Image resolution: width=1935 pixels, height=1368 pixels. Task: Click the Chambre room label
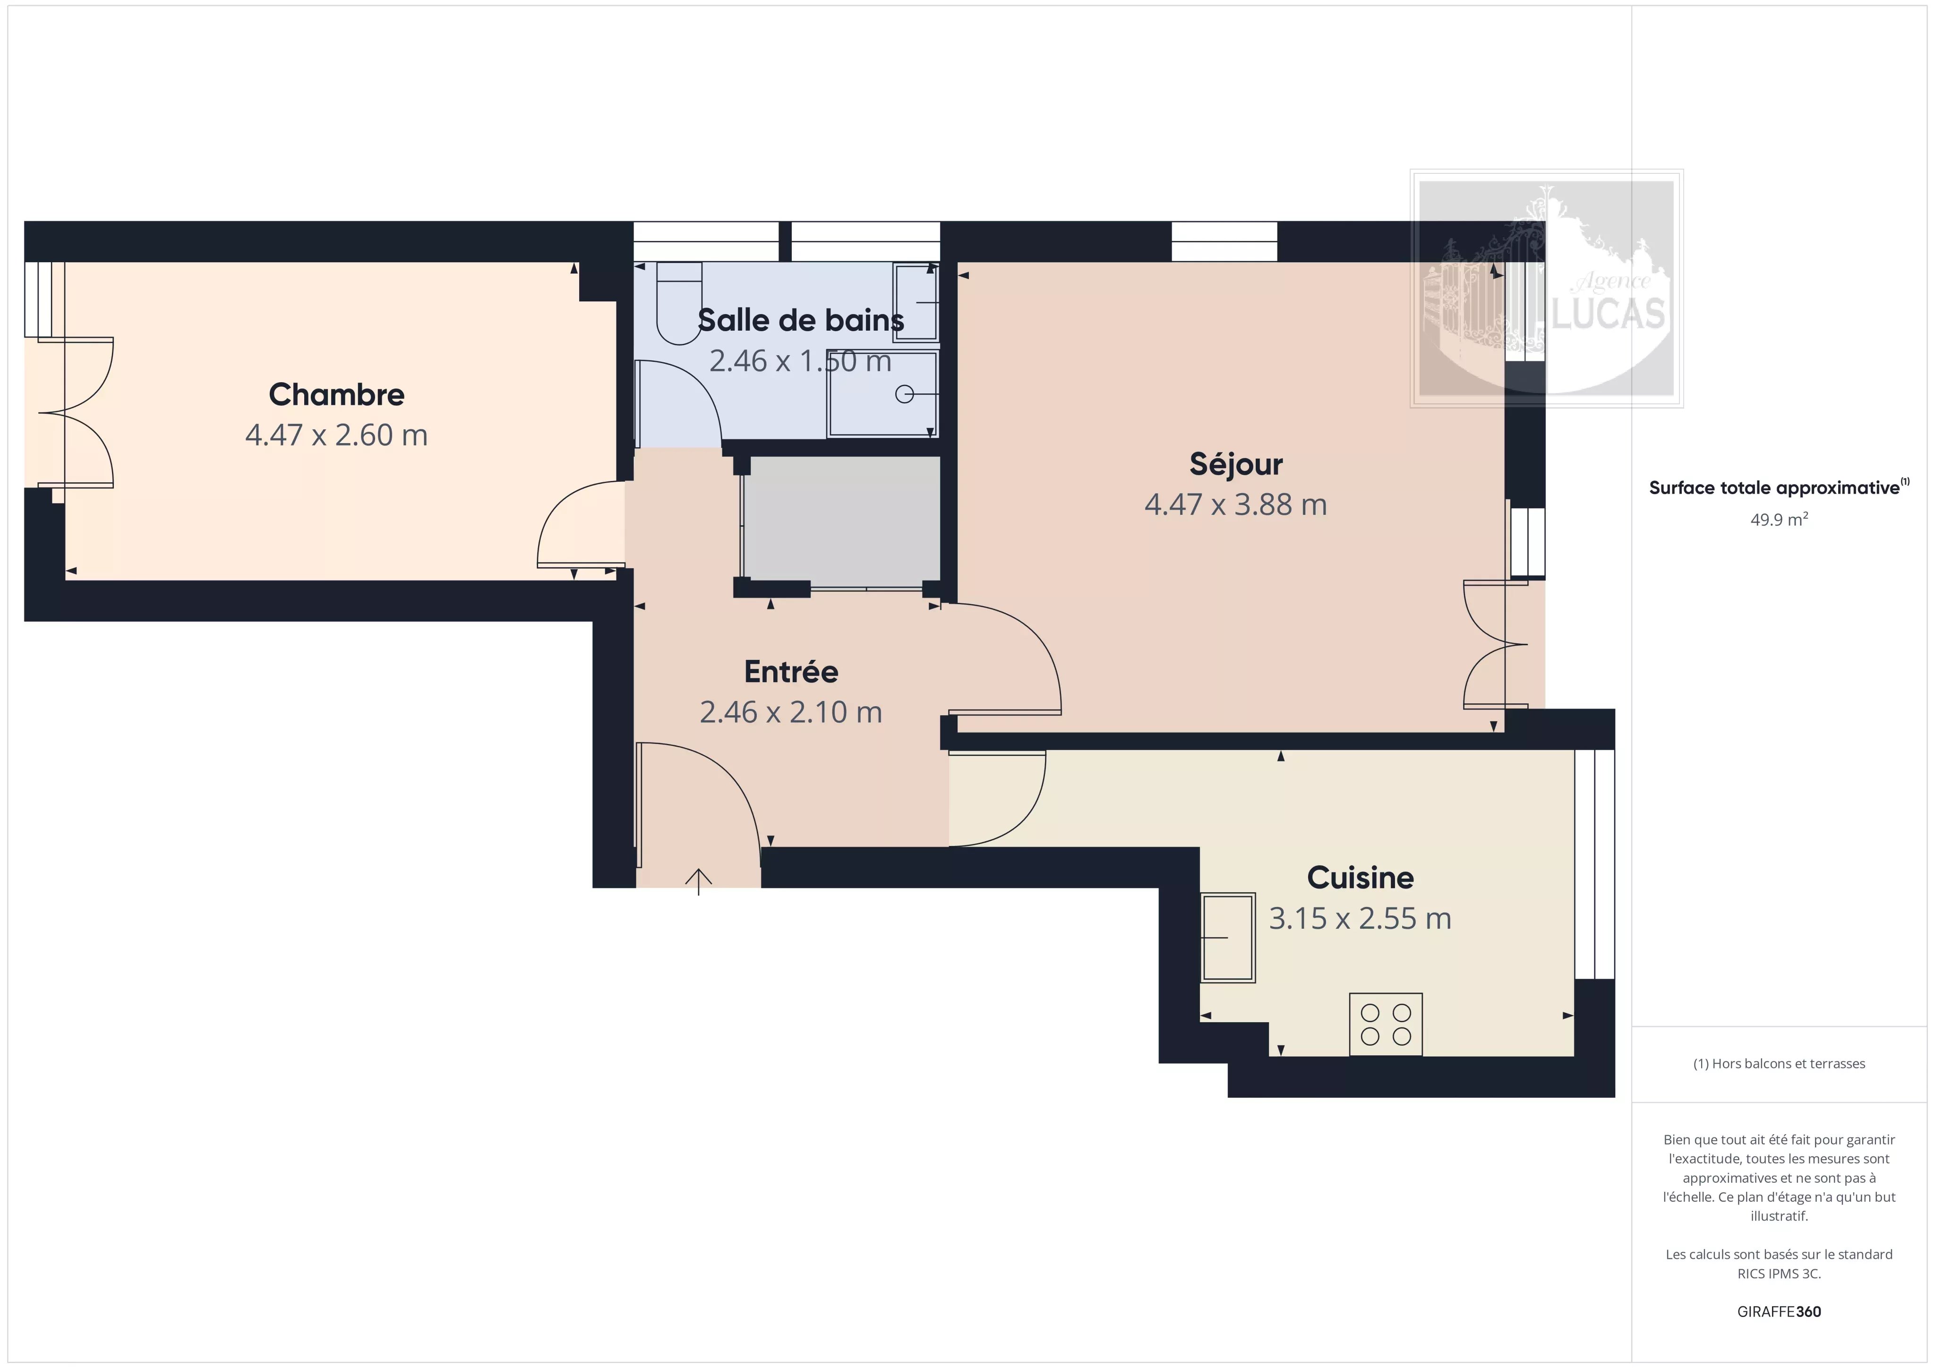[x=336, y=394]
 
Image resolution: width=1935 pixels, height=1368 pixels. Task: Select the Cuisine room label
[x=1360, y=878]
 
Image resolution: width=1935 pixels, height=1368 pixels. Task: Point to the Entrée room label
[x=790, y=672]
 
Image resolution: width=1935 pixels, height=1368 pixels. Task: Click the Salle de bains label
[x=801, y=320]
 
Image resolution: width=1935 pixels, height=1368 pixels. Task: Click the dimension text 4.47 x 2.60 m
[x=336, y=435]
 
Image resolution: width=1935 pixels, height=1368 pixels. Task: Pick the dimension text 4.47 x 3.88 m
[x=1235, y=504]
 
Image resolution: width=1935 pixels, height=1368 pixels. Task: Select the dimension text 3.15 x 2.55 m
[x=1360, y=918]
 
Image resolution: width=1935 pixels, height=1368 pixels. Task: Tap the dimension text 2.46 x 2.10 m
[x=790, y=712]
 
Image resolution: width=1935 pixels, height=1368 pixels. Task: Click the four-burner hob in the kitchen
[x=1386, y=1024]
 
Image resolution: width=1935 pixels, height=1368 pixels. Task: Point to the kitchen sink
[x=1228, y=937]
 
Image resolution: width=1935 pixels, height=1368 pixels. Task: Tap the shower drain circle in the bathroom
[x=904, y=393]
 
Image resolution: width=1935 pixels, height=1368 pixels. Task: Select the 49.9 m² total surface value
[x=1779, y=519]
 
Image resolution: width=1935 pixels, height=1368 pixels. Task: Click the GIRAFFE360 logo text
[x=1779, y=1311]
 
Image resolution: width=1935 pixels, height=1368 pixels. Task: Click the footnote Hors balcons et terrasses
[x=1779, y=1064]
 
